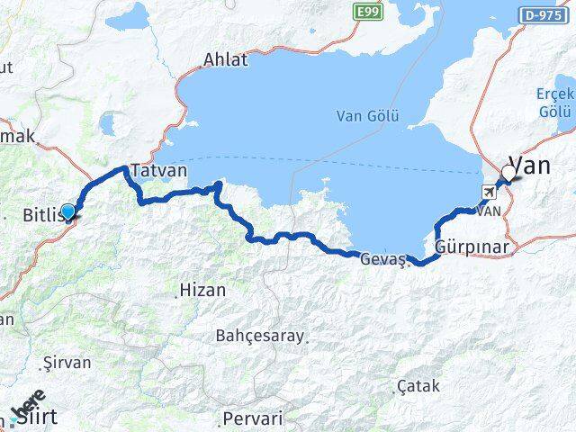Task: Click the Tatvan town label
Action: [x=158, y=170]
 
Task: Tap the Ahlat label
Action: [x=224, y=60]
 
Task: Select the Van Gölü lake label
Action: [x=366, y=115]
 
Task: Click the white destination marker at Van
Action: [x=509, y=172]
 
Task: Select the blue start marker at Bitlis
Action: [x=67, y=211]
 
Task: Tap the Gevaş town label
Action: [x=383, y=259]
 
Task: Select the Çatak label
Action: [x=418, y=386]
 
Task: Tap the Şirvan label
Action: [x=67, y=363]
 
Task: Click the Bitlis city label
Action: [x=41, y=215]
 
